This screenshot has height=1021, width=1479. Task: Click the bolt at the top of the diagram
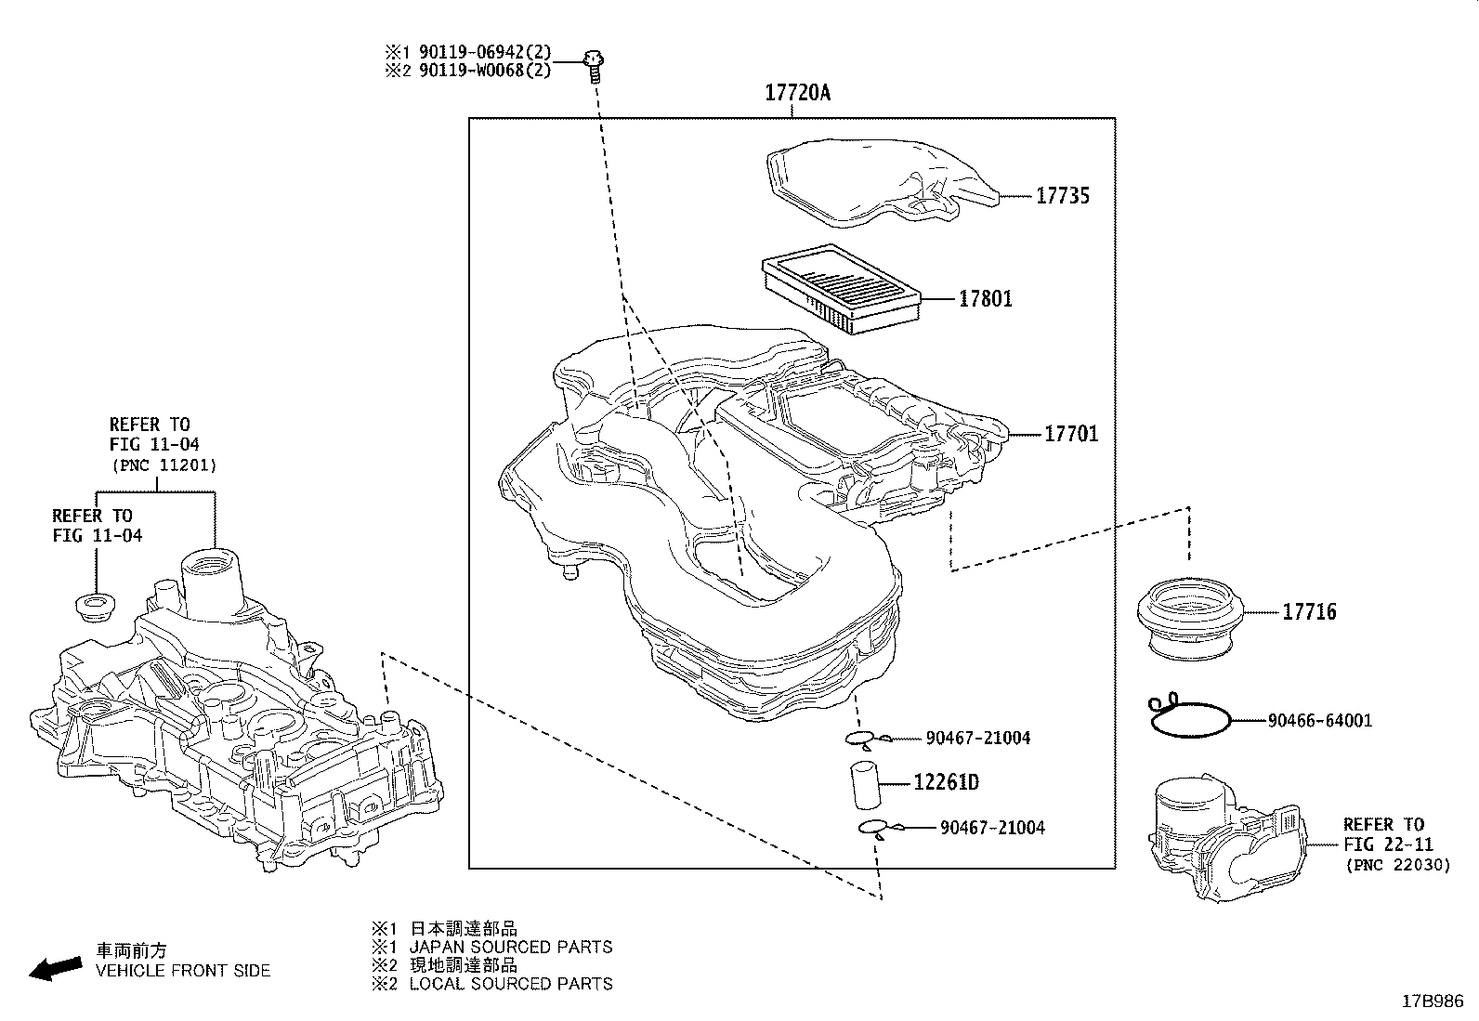[x=594, y=66]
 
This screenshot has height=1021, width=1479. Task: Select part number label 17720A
[x=798, y=93]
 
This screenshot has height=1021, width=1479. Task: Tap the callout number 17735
[x=1063, y=196]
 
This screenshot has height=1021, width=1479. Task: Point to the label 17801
[x=985, y=299]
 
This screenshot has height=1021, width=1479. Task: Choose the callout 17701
[x=1071, y=435]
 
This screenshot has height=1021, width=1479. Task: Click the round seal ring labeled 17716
[x=1190, y=619]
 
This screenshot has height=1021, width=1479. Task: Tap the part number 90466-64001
[x=1320, y=721]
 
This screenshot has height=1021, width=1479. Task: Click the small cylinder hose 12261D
[x=867, y=785]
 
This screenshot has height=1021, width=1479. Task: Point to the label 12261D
[x=946, y=783]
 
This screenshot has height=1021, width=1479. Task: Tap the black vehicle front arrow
[x=56, y=968]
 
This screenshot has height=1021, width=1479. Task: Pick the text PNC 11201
[x=164, y=465]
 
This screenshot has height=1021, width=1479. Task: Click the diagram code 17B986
[x=1433, y=1001]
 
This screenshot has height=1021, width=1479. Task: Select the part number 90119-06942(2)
[x=485, y=51]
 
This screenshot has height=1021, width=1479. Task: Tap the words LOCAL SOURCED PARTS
[x=511, y=984]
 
